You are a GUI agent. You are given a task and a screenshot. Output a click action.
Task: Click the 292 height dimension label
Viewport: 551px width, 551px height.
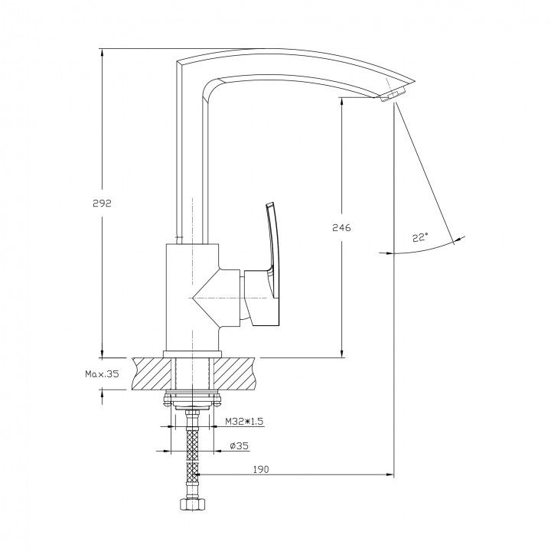pyautogui.click(x=102, y=203)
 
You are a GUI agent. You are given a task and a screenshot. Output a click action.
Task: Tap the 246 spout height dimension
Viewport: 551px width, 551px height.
pyautogui.click(x=341, y=228)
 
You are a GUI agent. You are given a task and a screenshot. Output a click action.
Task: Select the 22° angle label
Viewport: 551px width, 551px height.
pyautogui.click(x=420, y=237)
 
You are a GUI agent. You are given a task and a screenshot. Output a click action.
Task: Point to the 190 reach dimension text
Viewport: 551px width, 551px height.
pyautogui.click(x=260, y=469)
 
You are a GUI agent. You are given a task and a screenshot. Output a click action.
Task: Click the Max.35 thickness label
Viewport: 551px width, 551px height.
pyautogui.click(x=103, y=374)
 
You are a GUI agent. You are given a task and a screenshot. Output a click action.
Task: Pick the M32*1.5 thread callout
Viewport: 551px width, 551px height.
pyautogui.click(x=244, y=421)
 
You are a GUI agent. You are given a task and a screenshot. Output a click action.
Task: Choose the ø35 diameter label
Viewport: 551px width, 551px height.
pyautogui.click(x=239, y=446)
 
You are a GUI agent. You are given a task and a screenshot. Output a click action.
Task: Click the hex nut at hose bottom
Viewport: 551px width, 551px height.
pyautogui.click(x=192, y=504)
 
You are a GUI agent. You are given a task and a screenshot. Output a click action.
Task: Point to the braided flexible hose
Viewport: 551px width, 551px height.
pyautogui.click(x=192, y=453)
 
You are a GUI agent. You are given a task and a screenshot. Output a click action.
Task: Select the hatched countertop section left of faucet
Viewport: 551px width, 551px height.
pyautogui.click(x=154, y=373)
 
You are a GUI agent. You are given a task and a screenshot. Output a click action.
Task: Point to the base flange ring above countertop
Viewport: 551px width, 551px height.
pyautogui.click(x=193, y=354)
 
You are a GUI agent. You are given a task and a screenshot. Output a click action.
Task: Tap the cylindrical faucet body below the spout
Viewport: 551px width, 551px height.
pyautogui.click(x=192, y=297)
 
